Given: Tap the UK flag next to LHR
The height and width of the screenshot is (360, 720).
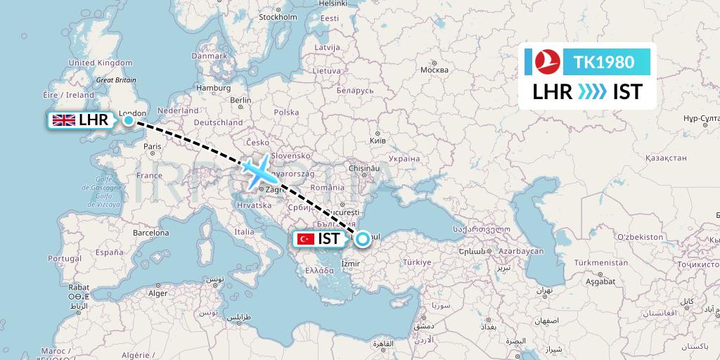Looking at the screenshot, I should [65, 120].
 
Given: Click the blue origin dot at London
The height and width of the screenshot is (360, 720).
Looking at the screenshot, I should [129, 121].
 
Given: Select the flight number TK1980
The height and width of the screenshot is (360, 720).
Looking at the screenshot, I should [604, 62].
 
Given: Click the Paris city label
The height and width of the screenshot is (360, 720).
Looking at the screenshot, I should [153, 146].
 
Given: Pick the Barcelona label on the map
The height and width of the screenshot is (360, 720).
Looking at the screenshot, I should [150, 232].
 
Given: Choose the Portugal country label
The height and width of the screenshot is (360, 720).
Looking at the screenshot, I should [65, 258].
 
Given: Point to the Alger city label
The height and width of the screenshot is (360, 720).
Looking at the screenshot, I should [157, 292].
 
